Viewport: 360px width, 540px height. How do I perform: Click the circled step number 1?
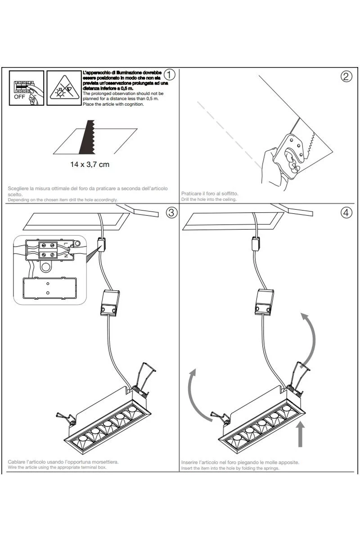pyautogui.click(x=169, y=74)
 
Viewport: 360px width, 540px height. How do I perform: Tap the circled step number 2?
pyautogui.click(x=346, y=76)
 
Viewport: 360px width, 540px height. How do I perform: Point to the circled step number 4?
pyautogui.click(x=346, y=213)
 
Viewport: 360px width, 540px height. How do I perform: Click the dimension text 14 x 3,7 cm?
pyautogui.click(x=90, y=164)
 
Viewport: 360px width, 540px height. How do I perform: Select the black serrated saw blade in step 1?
pyautogui.click(x=86, y=137)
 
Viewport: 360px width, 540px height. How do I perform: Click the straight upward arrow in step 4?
pyautogui.click(x=301, y=434)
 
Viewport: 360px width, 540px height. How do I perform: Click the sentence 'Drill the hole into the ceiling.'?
pyautogui.click(x=208, y=199)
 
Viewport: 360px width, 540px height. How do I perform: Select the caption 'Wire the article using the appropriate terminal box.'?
pyautogui.click(x=58, y=468)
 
